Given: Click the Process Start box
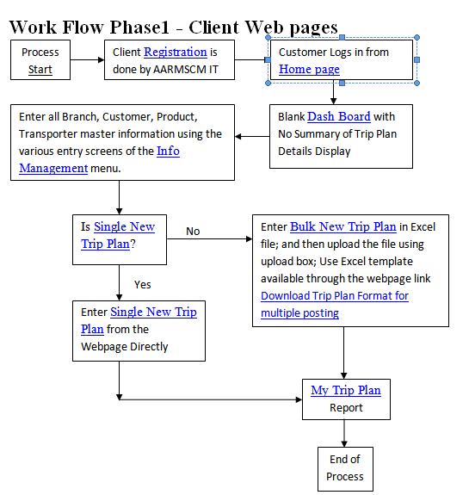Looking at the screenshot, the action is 40,59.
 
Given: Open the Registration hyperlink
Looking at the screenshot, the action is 176,53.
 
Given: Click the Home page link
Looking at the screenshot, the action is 309,69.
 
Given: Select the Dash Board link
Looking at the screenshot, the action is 339,116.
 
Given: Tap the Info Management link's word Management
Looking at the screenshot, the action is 53,168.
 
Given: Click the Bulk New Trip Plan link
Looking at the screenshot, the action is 343,226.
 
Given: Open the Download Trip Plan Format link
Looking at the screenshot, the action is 335,305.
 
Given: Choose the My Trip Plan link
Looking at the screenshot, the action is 346,391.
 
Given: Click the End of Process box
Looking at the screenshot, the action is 345,469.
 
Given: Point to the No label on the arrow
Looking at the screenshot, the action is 193,232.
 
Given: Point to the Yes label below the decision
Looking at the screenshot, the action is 143,285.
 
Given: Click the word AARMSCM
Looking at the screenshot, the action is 179,70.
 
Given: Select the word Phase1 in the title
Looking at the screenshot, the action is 139,28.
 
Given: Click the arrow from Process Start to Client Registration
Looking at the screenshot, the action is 88,60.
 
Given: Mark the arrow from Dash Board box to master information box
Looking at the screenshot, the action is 252,136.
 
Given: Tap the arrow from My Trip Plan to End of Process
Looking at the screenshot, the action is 344,433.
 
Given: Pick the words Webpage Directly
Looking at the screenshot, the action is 125,347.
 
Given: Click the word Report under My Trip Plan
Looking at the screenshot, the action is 346,408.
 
